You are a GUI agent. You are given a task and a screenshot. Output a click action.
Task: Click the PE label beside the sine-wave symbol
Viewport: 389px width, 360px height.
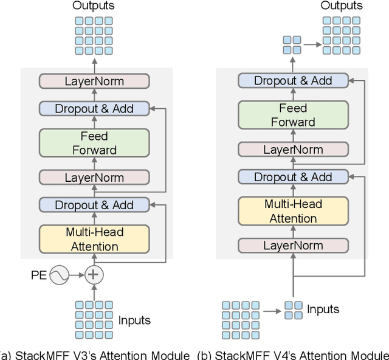(x=39, y=275)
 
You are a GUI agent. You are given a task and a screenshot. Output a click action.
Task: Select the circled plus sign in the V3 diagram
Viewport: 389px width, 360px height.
(x=94, y=275)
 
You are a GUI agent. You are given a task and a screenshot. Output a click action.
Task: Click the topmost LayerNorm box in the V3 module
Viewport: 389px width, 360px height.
(x=94, y=81)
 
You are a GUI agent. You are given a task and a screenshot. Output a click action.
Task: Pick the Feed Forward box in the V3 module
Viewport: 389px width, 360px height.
(x=94, y=143)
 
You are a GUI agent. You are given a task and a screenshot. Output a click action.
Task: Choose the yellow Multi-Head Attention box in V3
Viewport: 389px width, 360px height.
(x=94, y=239)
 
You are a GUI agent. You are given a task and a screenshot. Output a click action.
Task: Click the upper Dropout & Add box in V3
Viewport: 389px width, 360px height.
(x=94, y=109)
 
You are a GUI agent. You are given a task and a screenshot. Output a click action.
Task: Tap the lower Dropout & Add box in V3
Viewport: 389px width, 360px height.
(x=94, y=205)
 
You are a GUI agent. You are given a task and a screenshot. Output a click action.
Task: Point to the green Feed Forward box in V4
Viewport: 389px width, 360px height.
(x=293, y=115)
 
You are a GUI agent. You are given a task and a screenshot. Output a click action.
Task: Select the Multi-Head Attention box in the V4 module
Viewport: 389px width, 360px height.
(x=293, y=211)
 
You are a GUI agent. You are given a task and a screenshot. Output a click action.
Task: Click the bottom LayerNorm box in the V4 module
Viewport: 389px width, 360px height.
(x=293, y=245)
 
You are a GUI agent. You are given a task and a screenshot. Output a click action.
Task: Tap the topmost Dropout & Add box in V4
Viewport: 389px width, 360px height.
(x=293, y=80)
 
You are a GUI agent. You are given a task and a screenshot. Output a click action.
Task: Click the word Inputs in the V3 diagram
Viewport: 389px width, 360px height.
(x=134, y=320)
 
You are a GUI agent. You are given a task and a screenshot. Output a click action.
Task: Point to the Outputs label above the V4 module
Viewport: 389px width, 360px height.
(x=342, y=6)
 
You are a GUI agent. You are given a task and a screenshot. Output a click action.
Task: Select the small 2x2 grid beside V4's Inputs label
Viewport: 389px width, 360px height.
(x=293, y=310)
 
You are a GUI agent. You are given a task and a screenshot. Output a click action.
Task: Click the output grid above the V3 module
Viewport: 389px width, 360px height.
(x=94, y=35)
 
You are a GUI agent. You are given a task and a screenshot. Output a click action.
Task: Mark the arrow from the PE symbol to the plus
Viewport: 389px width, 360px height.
(x=77, y=275)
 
